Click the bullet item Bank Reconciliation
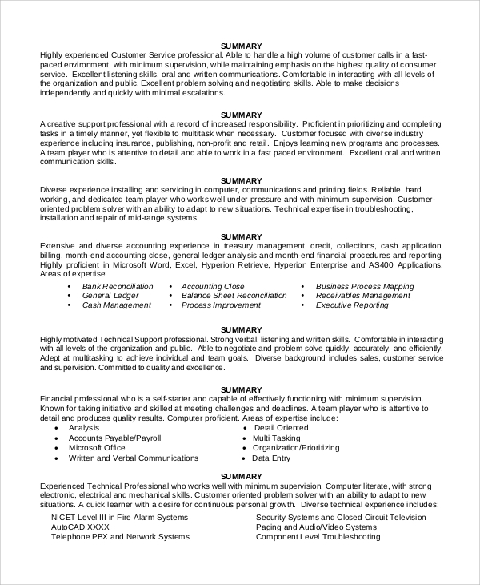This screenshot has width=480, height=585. tap(117, 286)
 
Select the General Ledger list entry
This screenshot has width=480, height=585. tap(110, 296)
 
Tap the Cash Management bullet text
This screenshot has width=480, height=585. tap(115, 305)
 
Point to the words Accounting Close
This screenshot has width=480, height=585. tap(213, 286)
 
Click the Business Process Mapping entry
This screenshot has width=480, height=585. tap(365, 286)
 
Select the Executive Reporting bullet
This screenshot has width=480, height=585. tap(353, 305)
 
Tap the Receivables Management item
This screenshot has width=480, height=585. tap(362, 296)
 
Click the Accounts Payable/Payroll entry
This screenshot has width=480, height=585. tap(114, 438)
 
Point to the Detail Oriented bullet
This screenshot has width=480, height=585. tap(280, 429)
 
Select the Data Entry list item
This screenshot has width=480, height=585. tap(271, 458)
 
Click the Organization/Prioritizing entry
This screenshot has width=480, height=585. tap(295, 448)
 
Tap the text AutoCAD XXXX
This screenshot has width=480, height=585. tap(79, 527)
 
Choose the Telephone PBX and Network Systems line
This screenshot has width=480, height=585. tap(119, 537)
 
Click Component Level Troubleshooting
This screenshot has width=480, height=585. tap(318, 537)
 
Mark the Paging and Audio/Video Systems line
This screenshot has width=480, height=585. tap(315, 527)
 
